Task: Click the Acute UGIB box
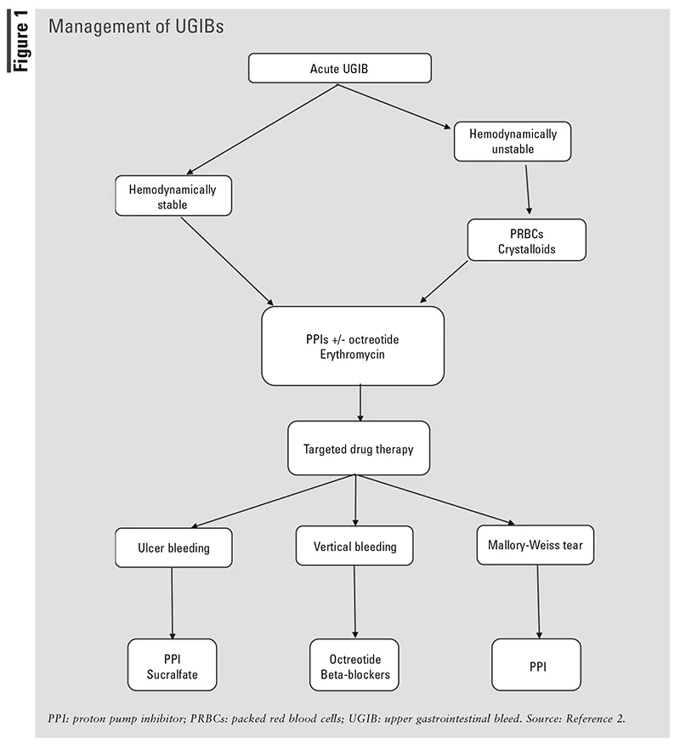(340, 68)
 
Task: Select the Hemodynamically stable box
(173, 196)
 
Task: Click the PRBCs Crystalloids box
(526, 240)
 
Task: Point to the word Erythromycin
(352, 354)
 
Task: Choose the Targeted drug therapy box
(358, 448)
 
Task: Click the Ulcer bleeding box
(173, 548)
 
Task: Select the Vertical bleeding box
(354, 546)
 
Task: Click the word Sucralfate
(173, 673)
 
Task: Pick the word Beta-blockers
(354, 673)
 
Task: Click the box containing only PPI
(537, 666)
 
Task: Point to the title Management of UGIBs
(136, 26)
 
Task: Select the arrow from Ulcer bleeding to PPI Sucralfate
(173, 604)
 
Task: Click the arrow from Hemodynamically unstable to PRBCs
(528, 189)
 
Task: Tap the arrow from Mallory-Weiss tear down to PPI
(538, 604)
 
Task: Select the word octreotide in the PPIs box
(372, 339)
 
